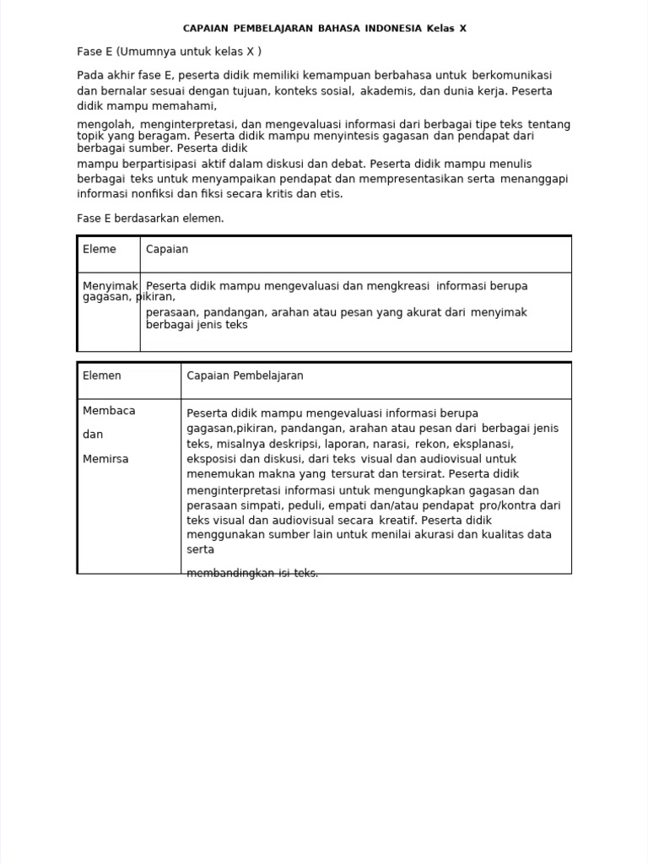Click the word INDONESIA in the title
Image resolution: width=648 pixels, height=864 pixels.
point(394,29)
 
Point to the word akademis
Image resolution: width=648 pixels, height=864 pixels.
point(389,90)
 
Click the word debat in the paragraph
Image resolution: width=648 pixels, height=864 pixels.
point(348,164)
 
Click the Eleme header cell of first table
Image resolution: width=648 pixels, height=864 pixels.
point(100,249)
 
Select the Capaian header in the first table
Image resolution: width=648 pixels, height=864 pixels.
point(167,249)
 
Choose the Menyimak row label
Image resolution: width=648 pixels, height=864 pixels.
point(111,286)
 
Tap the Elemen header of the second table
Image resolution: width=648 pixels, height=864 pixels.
point(102,375)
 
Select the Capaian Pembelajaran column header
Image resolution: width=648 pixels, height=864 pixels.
point(245,375)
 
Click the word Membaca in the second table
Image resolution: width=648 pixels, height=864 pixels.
point(109,411)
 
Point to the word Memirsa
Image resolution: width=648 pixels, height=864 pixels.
point(105,459)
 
